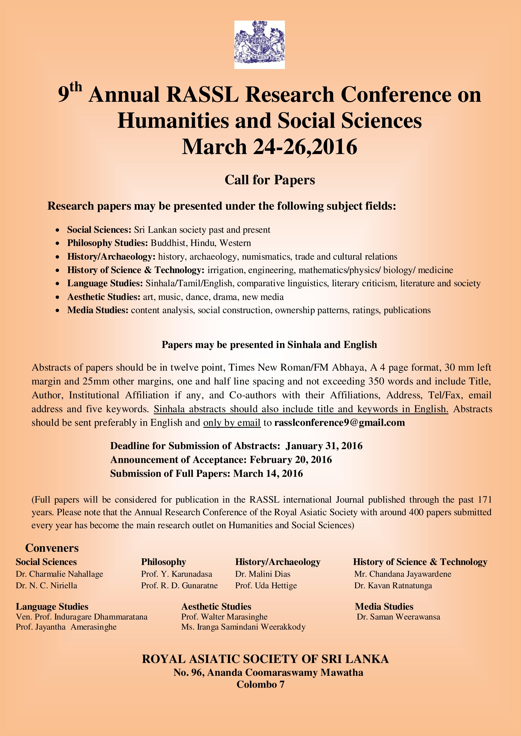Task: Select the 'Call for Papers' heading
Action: click(x=269, y=180)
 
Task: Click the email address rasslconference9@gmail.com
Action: click(x=339, y=422)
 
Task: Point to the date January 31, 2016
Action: click(x=324, y=446)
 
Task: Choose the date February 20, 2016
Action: click(x=291, y=460)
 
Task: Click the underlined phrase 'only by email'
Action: click(x=232, y=422)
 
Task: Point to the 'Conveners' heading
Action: click(x=52, y=548)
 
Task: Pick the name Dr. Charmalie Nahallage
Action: click(x=59, y=574)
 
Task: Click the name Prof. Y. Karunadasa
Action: click(x=176, y=574)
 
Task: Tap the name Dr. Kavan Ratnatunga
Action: click(x=393, y=585)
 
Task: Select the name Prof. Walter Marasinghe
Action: click(x=224, y=616)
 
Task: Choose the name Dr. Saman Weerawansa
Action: click(x=398, y=616)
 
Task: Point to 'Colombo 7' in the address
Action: click(x=260, y=684)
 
